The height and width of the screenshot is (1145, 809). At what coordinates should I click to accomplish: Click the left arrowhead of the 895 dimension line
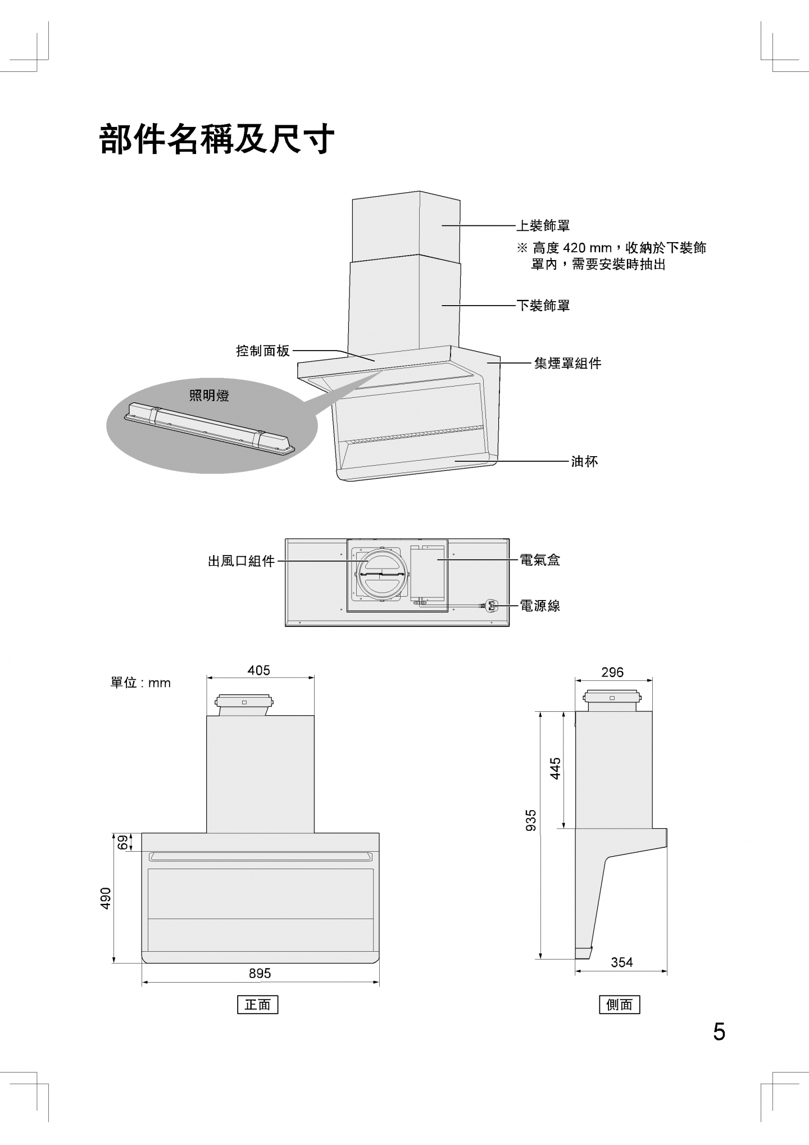pos(144,982)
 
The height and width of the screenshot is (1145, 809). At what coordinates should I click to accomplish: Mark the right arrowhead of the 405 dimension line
pos(312,678)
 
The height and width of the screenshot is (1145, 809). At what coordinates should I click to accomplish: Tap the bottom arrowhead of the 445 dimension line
pos(563,825)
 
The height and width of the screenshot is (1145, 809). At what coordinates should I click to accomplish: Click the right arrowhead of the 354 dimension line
pos(665,970)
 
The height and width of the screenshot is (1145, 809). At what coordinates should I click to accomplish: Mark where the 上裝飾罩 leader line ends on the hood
pos(442,226)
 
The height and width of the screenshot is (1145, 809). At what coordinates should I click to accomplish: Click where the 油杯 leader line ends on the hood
pos(455,461)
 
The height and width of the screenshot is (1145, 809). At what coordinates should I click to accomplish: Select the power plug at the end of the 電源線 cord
pos(488,605)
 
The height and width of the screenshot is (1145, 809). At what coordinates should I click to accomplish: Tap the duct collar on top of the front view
pos(244,705)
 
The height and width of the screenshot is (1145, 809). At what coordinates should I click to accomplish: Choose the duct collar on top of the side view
pos(612,700)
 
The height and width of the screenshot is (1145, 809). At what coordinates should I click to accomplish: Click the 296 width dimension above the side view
pos(612,672)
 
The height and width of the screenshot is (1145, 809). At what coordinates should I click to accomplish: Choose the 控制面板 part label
pos(263,351)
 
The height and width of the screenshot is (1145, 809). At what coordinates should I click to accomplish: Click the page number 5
pos(719,1032)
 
